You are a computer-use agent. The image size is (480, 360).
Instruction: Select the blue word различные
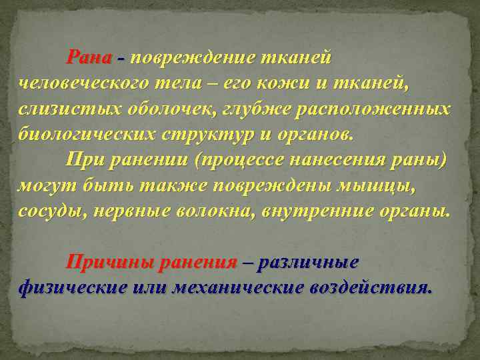[x=309, y=261]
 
